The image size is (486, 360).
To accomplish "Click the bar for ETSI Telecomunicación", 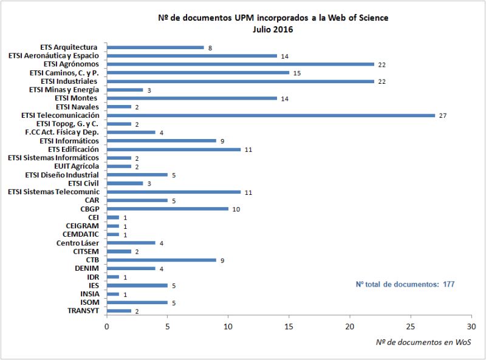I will tap(271, 115).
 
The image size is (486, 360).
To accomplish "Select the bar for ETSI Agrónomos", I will tap(241, 64).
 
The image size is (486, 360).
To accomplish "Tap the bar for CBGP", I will tap(168, 209).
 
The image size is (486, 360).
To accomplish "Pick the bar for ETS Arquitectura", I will tap(156, 47).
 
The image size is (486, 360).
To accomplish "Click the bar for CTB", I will tap(162, 260).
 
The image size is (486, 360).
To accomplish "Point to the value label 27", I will tap(443, 115).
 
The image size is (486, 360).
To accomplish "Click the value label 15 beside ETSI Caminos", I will tap(297, 73).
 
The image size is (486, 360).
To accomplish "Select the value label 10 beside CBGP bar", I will tap(236, 209).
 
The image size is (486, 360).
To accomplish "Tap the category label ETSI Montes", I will tap(76, 98).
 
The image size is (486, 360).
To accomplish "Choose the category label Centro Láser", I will tap(76, 243).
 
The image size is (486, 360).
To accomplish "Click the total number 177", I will tap(448, 284).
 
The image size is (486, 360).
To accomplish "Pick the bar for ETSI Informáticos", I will tap(162, 140).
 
